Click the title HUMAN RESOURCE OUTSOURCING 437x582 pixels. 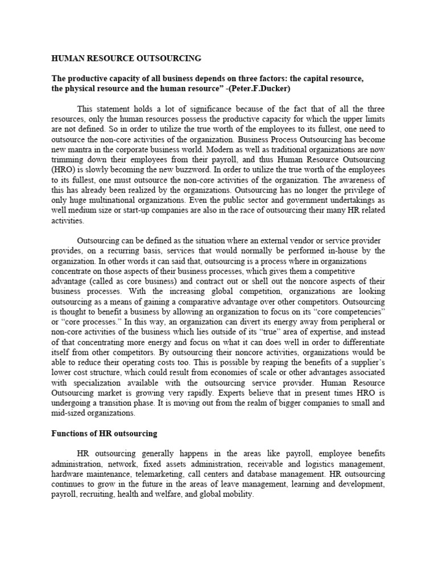(126, 58)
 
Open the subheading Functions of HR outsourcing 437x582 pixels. (104, 433)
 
